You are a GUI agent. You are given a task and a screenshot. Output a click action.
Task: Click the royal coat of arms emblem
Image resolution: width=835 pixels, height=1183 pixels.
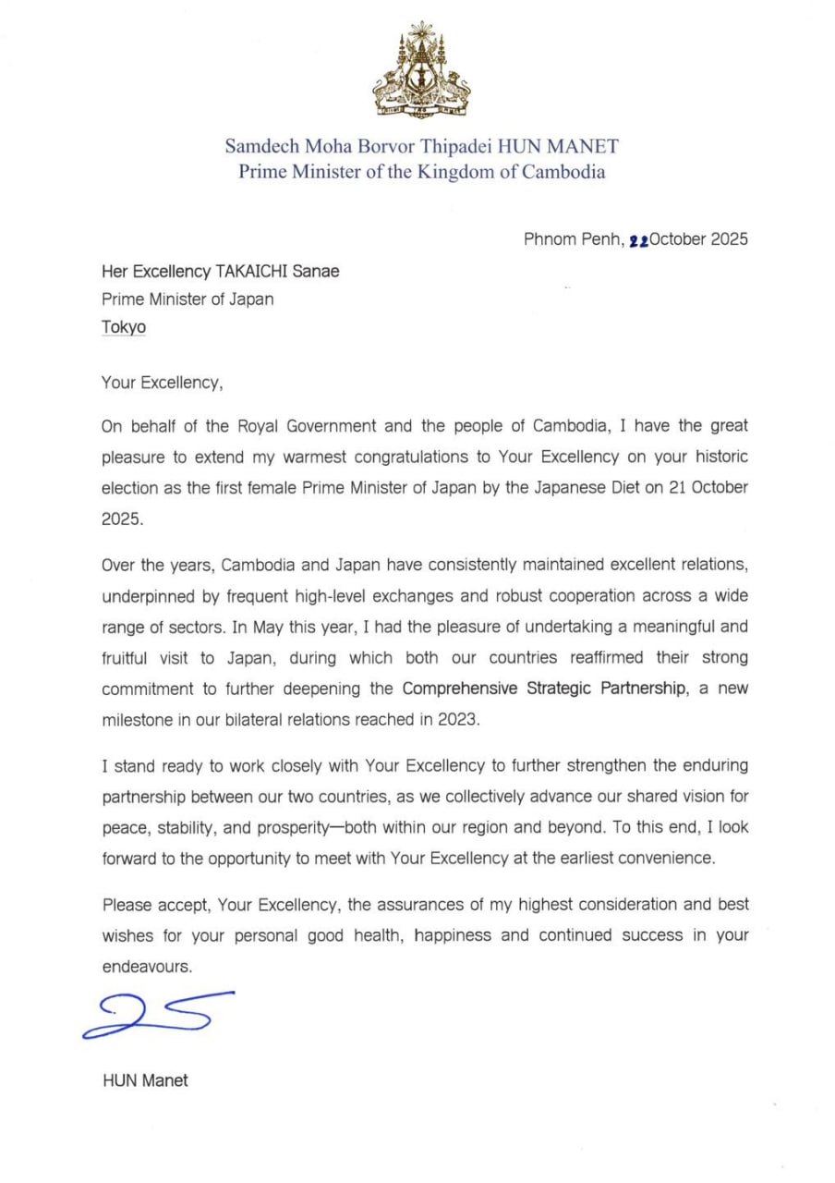point(420,69)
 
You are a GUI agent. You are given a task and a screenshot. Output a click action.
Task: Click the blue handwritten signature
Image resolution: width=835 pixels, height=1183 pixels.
point(157,1013)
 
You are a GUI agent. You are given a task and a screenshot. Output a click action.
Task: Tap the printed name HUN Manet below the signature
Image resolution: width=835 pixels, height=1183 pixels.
point(145,1079)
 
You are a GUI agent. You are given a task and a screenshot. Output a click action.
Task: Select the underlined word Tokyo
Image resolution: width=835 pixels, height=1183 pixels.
point(124,327)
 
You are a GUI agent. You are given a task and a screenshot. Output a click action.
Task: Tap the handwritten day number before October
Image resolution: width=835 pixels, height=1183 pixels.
point(638,240)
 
